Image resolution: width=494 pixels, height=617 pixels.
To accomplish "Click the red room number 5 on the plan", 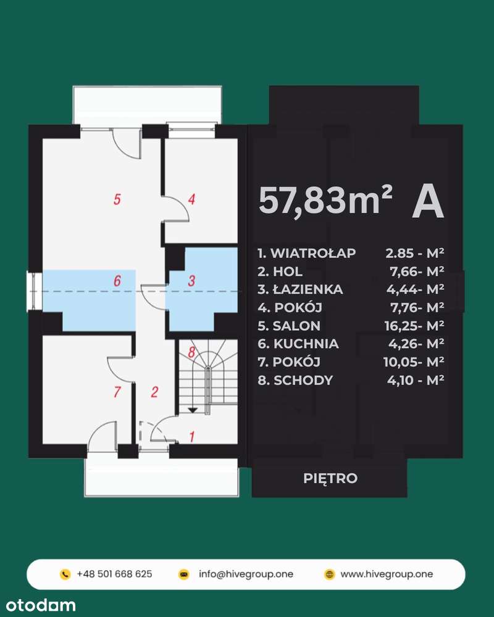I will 117,199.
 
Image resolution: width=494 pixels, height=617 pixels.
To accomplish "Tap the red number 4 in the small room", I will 192,199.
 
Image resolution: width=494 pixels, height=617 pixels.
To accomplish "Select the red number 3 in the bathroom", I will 191,281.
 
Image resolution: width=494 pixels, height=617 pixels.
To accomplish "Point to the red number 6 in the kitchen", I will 117,281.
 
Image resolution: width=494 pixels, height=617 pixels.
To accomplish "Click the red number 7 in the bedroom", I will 117,391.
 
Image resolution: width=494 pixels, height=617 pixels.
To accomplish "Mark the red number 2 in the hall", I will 155,391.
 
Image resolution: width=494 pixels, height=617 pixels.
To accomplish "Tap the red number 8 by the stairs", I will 191,353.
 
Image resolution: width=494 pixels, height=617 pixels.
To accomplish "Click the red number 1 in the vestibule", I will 192,437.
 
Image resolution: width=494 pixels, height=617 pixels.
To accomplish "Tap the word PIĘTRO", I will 330,478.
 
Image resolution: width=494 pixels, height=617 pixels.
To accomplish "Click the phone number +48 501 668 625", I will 114,574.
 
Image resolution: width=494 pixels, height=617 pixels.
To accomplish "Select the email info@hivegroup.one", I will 246,574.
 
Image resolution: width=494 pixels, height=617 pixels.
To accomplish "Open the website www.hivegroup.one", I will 387,574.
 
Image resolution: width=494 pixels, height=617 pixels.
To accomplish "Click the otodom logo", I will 38,605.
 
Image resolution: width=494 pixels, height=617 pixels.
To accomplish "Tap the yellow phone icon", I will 65,574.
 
